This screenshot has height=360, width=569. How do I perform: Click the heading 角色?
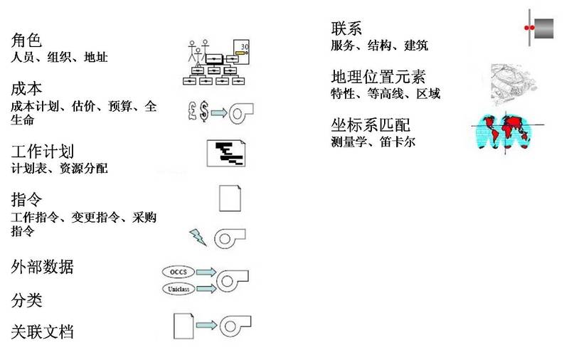pyautogui.click(x=27, y=41)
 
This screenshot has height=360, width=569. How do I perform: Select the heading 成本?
pyautogui.click(x=27, y=90)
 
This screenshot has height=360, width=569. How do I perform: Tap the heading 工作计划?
pyautogui.click(x=43, y=152)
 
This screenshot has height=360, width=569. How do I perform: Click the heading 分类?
pyautogui.click(x=27, y=300)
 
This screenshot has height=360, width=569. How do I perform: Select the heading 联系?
pyautogui.click(x=346, y=29)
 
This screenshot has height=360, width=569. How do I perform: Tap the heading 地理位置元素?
pyautogui.click(x=378, y=77)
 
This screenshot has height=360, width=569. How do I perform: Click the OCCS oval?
pyautogui.click(x=178, y=272)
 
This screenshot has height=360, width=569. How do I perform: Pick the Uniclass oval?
pyautogui.click(x=178, y=289)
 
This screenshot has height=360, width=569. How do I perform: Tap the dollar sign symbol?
pyautogui.click(x=204, y=110)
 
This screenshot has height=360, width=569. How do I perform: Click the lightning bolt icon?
pyautogui.click(x=198, y=236)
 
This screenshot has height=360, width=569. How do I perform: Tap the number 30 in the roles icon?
pyautogui.click(x=245, y=46)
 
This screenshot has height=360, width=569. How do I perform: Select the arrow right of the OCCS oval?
pyautogui.click(x=205, y=272)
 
